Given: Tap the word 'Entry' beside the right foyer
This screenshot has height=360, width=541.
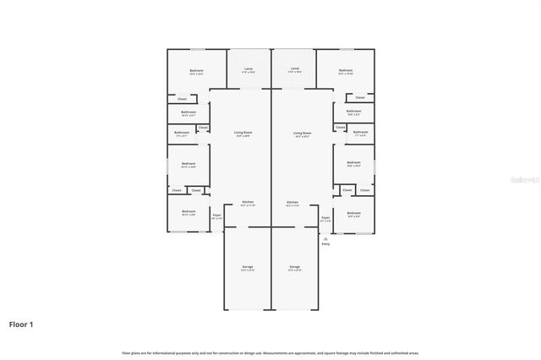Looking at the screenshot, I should [x=325, y=244].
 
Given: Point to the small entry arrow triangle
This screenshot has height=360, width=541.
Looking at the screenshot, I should [x=325, y=238].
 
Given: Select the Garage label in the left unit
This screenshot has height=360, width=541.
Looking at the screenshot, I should [x=248, y=267].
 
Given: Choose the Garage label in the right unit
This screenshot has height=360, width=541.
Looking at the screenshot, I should [x=294, y=267].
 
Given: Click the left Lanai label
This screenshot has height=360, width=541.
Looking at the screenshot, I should [x=248, y=68].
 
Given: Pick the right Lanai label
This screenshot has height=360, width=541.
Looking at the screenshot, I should [x=295, y=68].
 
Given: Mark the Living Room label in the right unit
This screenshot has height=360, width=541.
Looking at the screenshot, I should [x=302, y=133].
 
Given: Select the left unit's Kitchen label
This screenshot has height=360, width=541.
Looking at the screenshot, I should [x=248, y=202].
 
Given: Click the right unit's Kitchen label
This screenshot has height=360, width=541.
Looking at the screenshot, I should [x=292, y=202].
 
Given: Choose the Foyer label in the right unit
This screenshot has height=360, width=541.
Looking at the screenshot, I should [x=325, y=217].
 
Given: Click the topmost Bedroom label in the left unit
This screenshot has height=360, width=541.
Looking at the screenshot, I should [x=196, y=70].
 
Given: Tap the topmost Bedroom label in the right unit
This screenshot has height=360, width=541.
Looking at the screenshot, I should [x=346, y=70].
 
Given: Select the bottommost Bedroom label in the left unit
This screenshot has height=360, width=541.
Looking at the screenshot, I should [x=188, y=211].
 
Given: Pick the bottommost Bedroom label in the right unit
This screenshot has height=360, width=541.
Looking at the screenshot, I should [x=353, y=212].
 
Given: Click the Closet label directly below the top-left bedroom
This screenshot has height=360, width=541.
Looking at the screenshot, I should [x=182, y=99].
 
